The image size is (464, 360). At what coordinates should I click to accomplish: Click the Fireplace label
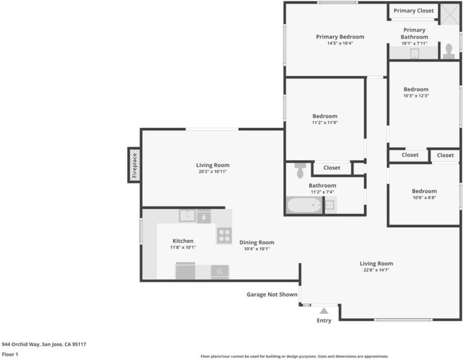(134, 165)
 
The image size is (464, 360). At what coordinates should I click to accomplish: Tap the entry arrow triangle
(324, 311)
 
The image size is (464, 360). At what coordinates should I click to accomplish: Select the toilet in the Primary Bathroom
(448, 52)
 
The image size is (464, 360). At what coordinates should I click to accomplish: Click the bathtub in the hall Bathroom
(304, 205)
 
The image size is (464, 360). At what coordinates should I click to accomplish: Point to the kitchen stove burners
(224, 235)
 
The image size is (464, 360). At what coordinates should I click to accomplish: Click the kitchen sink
(187, 215)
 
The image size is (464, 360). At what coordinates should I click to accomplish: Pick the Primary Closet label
(414, 11)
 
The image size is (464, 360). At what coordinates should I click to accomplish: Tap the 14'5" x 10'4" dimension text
(340, 43)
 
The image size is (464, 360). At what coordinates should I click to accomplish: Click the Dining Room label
(256, 242)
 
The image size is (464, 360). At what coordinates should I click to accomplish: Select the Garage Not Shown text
(272, 295)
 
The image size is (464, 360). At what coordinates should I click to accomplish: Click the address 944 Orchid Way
(21, 344)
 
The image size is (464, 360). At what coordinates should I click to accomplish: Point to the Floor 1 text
(10, 355)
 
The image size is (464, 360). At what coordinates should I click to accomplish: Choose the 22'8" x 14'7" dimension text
(376, 270)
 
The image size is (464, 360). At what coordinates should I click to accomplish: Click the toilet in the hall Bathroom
(300, 170)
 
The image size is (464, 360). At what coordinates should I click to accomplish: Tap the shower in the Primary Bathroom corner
(450, 14)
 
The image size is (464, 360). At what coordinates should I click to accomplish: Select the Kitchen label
(183, 241)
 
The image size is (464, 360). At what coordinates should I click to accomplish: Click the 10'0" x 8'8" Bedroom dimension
(424, 197)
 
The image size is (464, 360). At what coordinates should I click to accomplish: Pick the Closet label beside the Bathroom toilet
(332, 168)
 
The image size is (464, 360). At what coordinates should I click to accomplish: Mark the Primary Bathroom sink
(415, 53)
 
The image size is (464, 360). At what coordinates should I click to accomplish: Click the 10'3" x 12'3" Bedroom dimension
(416, 95)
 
